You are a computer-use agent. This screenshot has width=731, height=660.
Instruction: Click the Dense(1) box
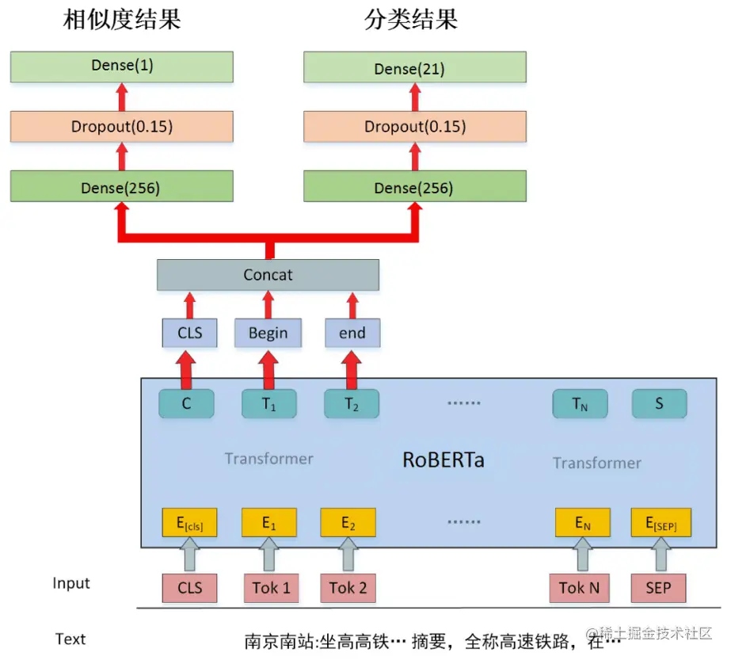coord(121,67)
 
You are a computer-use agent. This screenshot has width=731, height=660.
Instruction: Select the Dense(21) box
coord(415,68)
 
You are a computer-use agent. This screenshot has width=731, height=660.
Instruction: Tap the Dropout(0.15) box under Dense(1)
coord(121,127)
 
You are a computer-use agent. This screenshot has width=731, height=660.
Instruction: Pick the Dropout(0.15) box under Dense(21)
coord(415,127)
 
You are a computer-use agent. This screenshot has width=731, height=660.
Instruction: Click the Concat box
coord(268,275)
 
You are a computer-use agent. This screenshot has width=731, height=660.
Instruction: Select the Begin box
coord(268,334)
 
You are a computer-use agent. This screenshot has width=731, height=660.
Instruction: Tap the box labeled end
coord(352,334)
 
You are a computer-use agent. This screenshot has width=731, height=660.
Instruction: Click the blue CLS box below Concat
coord(189,334)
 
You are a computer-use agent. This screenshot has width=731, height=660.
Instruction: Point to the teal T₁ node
coord(268,404)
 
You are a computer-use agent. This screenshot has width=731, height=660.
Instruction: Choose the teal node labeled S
coord(659,404)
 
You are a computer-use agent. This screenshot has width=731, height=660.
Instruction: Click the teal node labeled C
coord(186,404)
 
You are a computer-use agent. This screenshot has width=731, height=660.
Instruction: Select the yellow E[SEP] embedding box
coord(659,523)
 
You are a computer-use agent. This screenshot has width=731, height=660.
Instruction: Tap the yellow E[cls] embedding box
coord(189,523)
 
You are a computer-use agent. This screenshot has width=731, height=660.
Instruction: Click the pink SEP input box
coord(659,588)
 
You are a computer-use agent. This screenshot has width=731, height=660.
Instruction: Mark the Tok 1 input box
coord(271,588)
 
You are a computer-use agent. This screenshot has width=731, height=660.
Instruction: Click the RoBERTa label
coord(443,460)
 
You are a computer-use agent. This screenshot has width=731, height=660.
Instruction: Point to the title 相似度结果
coord(122,20)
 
